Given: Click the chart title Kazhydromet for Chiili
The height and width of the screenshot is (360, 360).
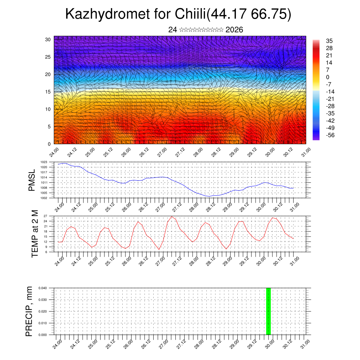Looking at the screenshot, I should click(178, 15).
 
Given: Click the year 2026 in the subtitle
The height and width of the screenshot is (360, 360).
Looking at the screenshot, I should click(234, 30).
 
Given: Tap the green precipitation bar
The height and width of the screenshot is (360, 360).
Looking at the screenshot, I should click(268, 311).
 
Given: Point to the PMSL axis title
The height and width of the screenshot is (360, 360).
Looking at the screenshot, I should click(32, 180).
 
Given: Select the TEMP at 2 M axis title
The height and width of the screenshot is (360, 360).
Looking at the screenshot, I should click(35, 234).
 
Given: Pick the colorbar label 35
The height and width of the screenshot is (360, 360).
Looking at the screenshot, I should click(329, 41).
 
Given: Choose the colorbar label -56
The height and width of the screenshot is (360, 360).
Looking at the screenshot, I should click(331, 135).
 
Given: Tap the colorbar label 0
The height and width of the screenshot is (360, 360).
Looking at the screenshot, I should click(328, 77).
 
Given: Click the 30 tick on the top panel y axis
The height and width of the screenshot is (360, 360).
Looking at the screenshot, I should click(48, 39).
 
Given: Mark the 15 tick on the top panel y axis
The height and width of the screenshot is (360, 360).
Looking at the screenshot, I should click(48, 92).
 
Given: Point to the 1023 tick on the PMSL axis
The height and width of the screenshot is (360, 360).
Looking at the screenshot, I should click(44, 163).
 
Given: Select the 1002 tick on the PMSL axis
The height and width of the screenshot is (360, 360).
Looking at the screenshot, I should click(44, 198).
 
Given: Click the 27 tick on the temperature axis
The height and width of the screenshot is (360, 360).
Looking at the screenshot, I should click(45, 216).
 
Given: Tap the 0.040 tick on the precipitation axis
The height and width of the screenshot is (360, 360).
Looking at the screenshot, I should click(43, 288).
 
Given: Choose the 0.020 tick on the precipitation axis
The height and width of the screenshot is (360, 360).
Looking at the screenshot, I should click(43, 311).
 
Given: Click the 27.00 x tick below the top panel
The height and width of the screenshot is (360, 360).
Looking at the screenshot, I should click(162, 154).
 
